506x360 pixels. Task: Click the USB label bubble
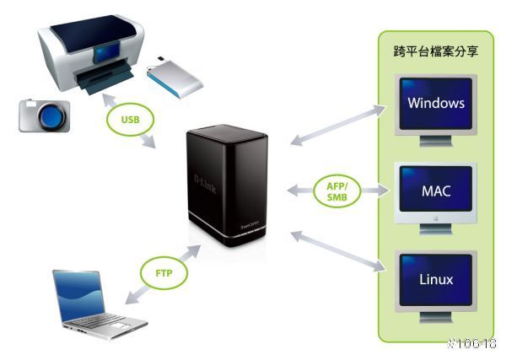pyautogui.click(x=130, y=119)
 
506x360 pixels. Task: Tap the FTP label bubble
pyautogui.click(x=164, y=272)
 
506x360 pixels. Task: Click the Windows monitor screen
pyautogui.click(x=435, y=105)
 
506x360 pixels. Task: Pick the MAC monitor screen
pyautogui.click(x=436, y=191)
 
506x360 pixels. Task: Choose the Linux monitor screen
pyautogui.click(x=436, y=278)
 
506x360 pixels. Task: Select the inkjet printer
pyautogui.click(x=89, y=59)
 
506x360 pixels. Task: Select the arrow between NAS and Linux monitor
pyautogui.click(x=334, y=251)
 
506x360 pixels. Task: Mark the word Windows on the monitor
pyautogui.click(x=435, y=105)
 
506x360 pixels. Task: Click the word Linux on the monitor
pyautogui.click(x=436, y=278)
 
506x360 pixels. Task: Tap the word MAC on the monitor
pyautogui.click(x=436, y=191)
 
